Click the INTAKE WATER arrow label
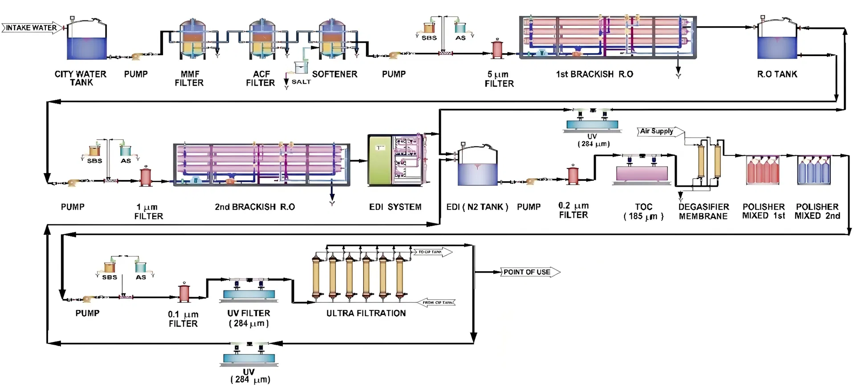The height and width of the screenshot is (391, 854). coord(31,28)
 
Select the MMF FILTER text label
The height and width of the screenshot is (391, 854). coord(189,78)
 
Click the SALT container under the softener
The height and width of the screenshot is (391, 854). coord(301,67)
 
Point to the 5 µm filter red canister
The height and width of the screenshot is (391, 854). coord(497,49)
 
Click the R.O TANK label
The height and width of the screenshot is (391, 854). coord(777,74)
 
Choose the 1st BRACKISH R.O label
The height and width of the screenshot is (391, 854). coord(594,74)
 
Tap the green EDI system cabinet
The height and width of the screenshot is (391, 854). coord(379,160)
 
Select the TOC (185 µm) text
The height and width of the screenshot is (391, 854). coord(643,212)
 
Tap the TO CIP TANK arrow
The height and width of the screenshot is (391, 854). coord(432,252)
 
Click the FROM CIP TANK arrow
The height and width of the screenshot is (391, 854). coord(438,303)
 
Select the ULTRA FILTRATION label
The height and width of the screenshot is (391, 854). coord(366,314)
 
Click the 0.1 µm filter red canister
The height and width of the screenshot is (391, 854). coord(184,293)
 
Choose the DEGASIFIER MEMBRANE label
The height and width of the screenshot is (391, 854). coord(704,212)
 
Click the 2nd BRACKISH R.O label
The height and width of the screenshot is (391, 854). coord(255,207)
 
